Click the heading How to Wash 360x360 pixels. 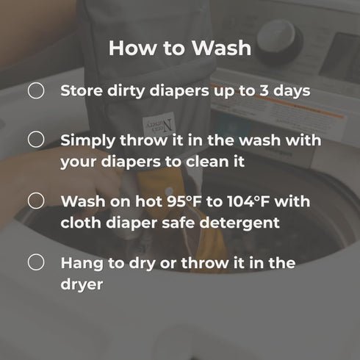180,48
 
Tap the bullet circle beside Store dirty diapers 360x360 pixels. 36,90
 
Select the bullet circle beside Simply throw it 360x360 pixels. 36,140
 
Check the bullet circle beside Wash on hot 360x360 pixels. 36,201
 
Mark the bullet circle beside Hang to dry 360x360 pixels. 36,262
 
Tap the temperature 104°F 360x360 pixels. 248,201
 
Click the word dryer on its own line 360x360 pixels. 82,285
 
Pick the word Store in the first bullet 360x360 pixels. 82,90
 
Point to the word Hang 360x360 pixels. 82,264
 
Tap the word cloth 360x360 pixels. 81,223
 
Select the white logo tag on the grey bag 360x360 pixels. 159,125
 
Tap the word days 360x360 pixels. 292,91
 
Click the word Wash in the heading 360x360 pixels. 221,48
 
